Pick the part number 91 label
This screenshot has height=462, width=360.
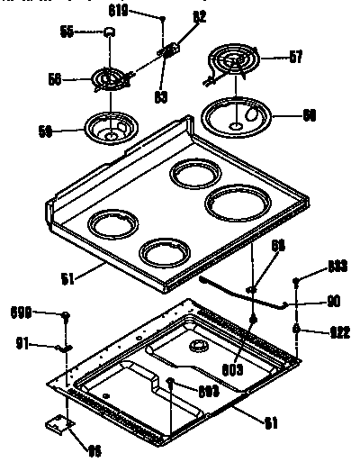click(x=24, y=342)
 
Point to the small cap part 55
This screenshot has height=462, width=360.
click(x=110, y=32)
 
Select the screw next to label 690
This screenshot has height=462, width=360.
click(x=67, y=314)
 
